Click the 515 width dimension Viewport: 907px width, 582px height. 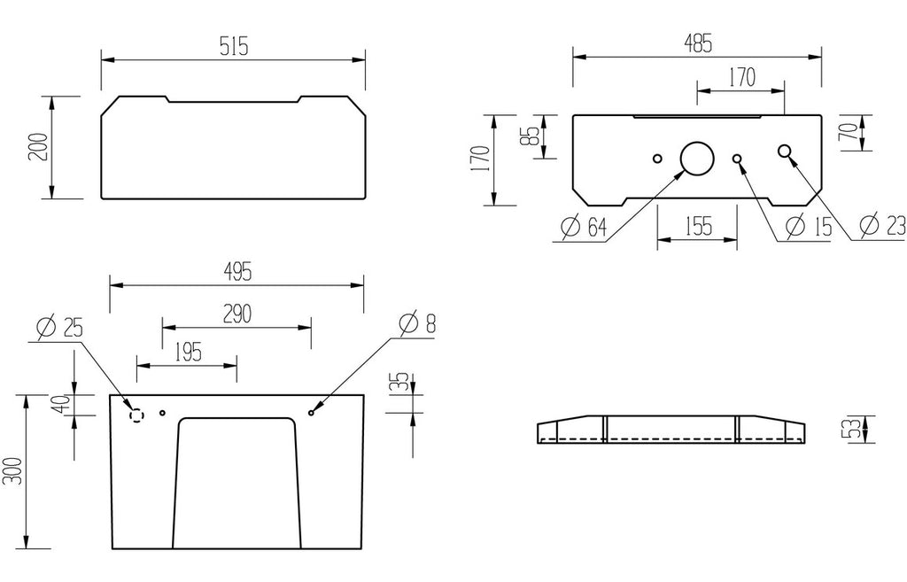click(x=234, y=46)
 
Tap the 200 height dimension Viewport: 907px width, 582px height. click(x=38, y=148)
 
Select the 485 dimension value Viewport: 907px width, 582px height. click(x=698, y=43)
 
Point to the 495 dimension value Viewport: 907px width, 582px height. click(x=237, y=271)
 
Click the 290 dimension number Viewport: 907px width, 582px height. click(x=237, y=314)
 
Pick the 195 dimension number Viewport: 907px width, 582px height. click(x=188, y=353)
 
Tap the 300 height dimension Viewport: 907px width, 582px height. click(x=14, y=471)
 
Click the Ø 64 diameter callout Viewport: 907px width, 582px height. click(x=584, y=227)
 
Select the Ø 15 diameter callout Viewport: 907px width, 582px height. click(x=808, y=226)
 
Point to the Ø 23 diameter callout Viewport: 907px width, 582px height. click(x=881, y=225)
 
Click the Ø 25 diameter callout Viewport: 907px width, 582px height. click(x=59, y=328)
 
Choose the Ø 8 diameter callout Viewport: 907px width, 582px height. click(x=417, y=323)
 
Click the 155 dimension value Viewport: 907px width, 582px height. click(x=698, y=226)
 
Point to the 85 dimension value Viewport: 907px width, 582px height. click(x=532, y=136)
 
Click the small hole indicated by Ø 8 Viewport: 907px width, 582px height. click(x=312, y=413)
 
